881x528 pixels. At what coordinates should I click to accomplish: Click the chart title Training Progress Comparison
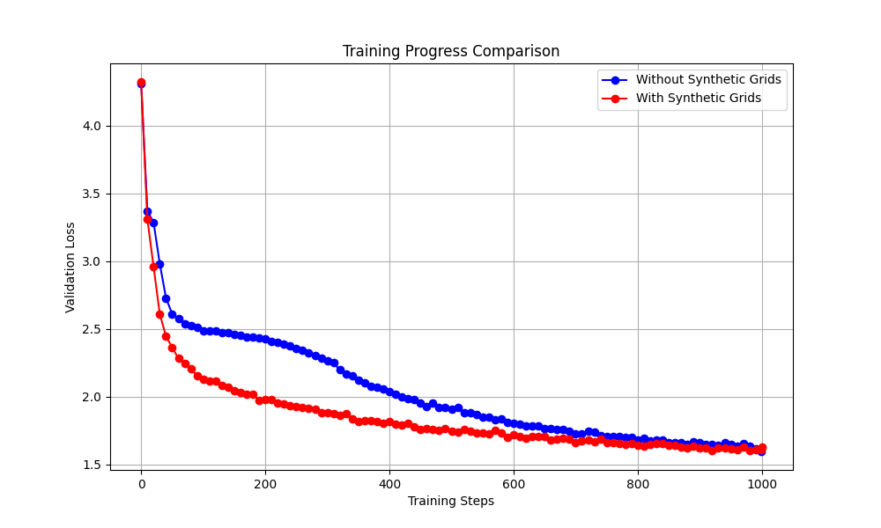pos(451,51)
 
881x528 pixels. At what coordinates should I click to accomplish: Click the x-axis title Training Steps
pos(451,501)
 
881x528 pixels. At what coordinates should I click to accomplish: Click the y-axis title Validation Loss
pos(70,267)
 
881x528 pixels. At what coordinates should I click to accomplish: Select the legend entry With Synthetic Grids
pos(699,99)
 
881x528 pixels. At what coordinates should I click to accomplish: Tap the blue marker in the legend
pos(616,80)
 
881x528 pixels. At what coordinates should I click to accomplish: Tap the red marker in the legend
pos(616,99)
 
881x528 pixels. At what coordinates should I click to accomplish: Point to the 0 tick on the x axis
pos(141,482)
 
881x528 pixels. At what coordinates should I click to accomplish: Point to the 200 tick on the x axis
pos(265,482)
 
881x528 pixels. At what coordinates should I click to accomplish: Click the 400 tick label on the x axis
pos(389,482)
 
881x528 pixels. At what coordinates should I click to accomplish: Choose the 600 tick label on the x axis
pos(514,482)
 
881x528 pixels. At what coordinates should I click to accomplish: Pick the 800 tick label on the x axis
pos(638,482)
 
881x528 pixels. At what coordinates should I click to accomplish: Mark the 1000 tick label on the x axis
pos(762,482)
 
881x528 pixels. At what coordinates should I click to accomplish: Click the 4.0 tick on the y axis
pos(93,126)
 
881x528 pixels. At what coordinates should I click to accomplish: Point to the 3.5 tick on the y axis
pos(93,194)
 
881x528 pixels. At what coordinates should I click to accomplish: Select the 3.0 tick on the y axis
pos(93,261)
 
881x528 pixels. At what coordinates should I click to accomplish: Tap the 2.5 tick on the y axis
pos(93,329)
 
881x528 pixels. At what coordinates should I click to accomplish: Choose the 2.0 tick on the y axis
pos(93,397)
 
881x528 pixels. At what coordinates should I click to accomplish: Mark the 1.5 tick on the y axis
pos(93,465)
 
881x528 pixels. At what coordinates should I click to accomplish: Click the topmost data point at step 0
pos(141,83)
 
